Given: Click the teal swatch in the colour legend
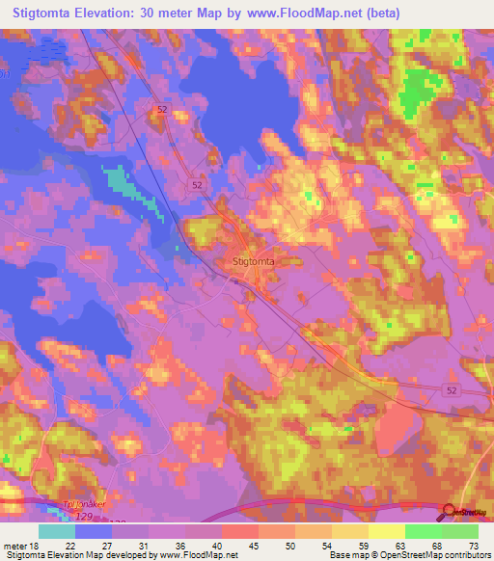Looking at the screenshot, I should coord(57,530).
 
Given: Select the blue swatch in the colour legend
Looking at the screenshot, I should coord(94,530).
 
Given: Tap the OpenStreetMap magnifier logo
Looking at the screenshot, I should coord(449,513).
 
